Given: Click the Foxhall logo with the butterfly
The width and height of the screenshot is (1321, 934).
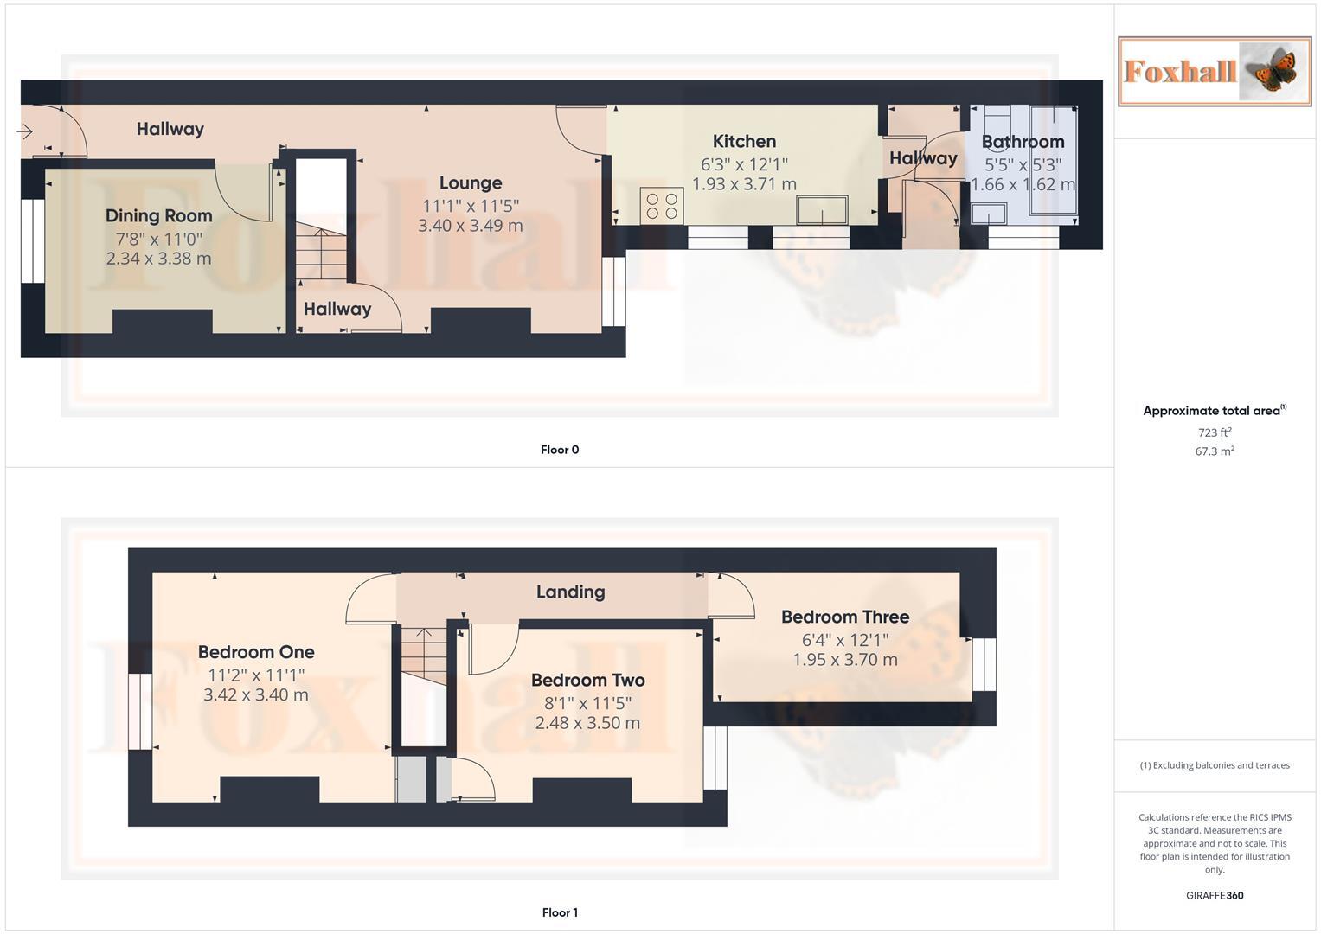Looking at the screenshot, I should point(1214,71).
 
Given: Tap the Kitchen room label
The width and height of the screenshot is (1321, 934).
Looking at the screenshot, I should point(744,141).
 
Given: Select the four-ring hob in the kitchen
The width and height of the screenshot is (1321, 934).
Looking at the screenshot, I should point(662,206).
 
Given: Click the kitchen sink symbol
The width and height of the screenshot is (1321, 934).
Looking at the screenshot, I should point(822,210).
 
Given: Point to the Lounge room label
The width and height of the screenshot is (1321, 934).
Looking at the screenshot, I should point(470,182).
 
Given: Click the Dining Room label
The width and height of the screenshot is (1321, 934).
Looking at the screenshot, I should point(158,215).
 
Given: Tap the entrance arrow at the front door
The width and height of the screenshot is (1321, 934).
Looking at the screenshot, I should point(24,131).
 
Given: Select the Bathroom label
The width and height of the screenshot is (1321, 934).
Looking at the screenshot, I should point(1023,142).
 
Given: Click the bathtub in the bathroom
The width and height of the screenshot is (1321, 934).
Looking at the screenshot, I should point(1053,160).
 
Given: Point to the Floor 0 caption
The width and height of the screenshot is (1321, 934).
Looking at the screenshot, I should point(560,450).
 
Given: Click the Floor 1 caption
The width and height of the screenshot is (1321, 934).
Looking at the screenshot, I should point(560,912).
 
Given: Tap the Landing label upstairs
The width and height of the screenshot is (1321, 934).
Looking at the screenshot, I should point(570,592).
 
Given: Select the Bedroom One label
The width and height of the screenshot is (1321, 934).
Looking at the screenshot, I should point(256,652).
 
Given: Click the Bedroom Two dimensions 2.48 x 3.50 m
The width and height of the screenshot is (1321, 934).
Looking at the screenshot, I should point(587,723).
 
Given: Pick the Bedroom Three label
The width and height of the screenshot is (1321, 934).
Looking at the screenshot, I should point(844,617).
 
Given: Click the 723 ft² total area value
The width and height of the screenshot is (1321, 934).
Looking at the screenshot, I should point(1214,432).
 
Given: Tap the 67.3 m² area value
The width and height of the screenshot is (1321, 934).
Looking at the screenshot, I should point(1214,451).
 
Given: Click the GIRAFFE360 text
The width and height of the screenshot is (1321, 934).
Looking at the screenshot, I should point(1214,896).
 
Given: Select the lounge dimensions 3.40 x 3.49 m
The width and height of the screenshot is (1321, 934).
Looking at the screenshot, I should point(470,226).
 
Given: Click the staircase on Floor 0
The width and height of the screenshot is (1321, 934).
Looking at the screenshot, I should point(321,251).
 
